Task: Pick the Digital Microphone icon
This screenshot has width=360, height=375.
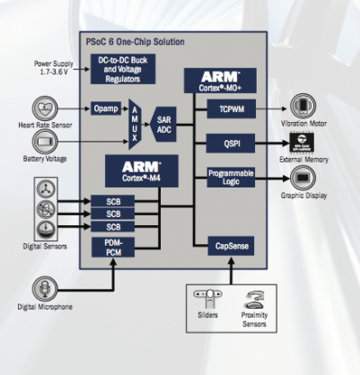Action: (x=43, y=289)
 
